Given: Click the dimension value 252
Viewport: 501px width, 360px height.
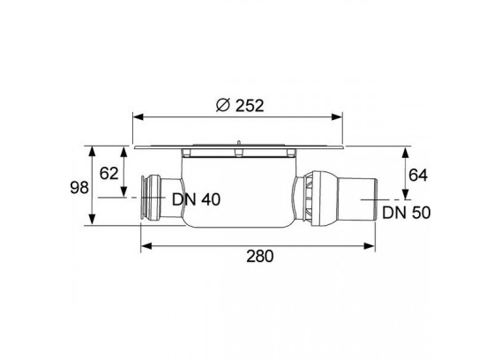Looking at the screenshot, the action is [250, 106].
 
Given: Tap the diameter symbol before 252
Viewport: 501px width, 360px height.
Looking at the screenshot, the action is [222, 105].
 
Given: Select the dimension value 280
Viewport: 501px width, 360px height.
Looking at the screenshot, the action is [260, 257].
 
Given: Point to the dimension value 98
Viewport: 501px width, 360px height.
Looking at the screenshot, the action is [79, 188].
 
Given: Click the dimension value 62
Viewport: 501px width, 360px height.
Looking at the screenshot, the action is [109, 174].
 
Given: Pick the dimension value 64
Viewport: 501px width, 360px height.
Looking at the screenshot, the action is [418, 176].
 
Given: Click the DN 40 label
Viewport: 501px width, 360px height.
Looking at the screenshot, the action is [196, 199].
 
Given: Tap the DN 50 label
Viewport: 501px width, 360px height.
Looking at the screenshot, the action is [407, 213].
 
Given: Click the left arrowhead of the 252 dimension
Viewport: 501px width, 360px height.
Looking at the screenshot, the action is [138, 117].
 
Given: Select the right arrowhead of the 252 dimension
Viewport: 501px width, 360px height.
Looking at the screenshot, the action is [337, 117].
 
